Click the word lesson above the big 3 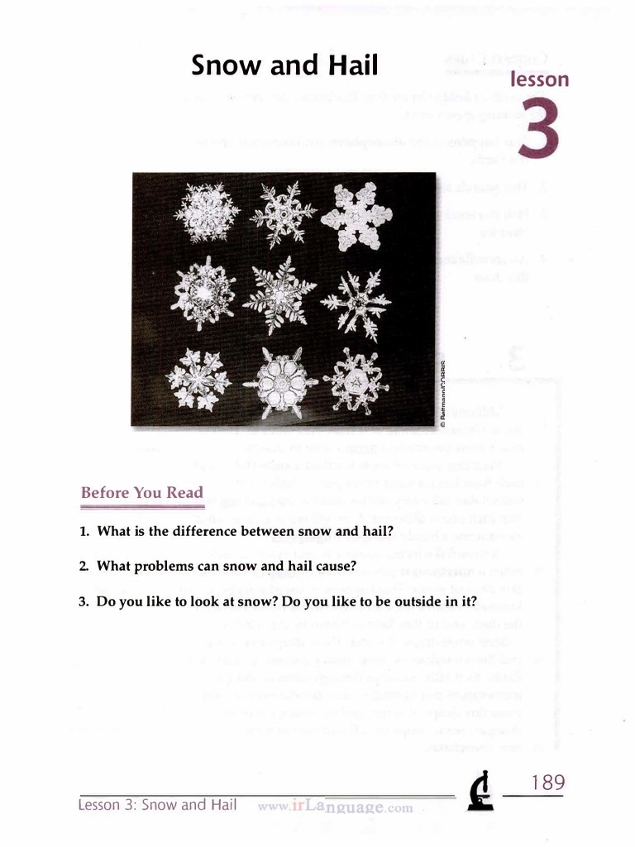pos(540,80)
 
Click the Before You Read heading pos(141,493)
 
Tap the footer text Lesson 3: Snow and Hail pos(157,805)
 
